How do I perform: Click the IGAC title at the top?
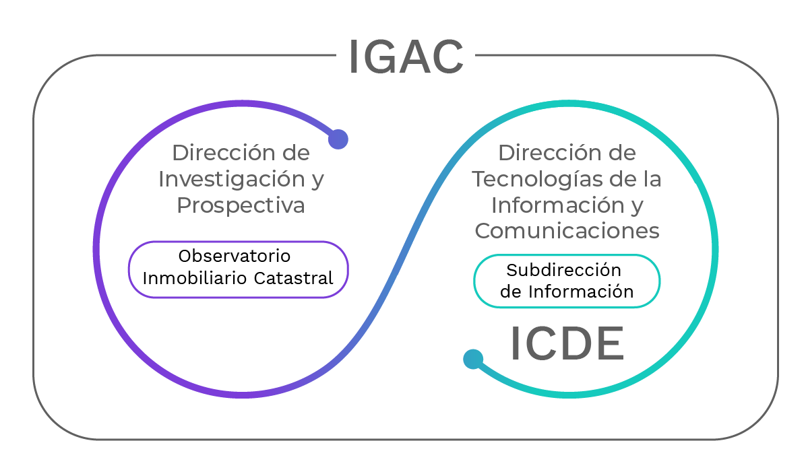coord(406,57)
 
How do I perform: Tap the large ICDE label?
coord(567,343)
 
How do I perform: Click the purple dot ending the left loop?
coord(338,139)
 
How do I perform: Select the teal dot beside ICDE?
coord(473,359)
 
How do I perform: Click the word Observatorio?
coord(235,256)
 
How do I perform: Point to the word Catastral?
coord(294,278)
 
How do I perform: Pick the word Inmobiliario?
coord(196,278)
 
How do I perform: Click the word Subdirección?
coord(564,269)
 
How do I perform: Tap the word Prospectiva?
coord(241,205)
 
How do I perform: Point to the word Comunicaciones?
coord(567,230)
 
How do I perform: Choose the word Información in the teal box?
coord(581,291)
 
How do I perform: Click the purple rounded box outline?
coord(239,241)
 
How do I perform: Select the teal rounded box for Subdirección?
coord(567,254)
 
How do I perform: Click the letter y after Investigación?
coord(317,181)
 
